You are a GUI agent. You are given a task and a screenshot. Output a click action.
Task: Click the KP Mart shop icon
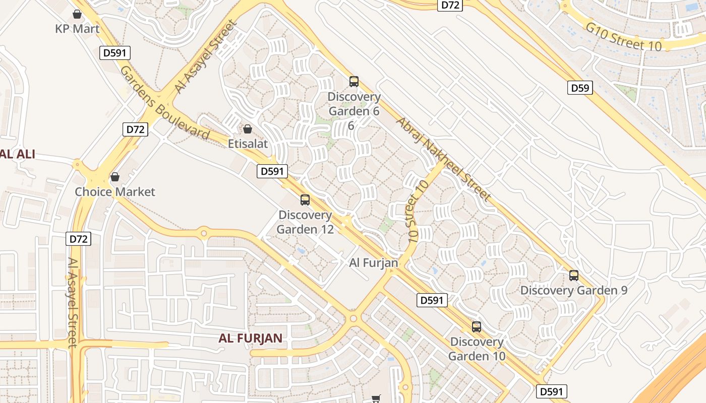tap(77, 14)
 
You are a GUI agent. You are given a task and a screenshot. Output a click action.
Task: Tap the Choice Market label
tap(115, 192)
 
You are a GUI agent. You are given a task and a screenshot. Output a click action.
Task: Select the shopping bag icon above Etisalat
tap(247, 129)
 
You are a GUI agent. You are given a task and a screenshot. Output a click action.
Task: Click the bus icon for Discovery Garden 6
tap(354, 81)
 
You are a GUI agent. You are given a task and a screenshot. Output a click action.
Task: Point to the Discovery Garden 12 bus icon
tap(305, 200)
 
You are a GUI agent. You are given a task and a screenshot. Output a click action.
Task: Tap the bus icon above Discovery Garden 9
tap(573, 276)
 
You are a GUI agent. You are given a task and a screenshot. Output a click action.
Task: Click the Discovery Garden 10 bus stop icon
tap(476, 327)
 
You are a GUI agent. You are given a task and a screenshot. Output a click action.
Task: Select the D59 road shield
tap(579, 88)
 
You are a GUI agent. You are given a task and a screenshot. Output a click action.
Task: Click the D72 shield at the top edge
tap(450, 5)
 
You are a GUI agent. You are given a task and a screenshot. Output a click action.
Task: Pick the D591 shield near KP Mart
tap(115, 53)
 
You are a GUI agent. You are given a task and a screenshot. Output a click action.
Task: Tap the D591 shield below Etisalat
tap(272, 171)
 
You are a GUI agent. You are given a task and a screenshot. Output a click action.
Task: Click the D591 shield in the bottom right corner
tap(552, 391)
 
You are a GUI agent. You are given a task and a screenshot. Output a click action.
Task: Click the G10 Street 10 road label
tap(623, 36)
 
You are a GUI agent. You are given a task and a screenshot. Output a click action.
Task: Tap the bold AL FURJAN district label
tap(250, 338)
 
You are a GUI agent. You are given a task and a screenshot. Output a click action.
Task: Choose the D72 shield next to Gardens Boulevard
tap(135, 129)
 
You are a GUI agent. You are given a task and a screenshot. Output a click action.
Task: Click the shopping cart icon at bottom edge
tap(376, 399)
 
